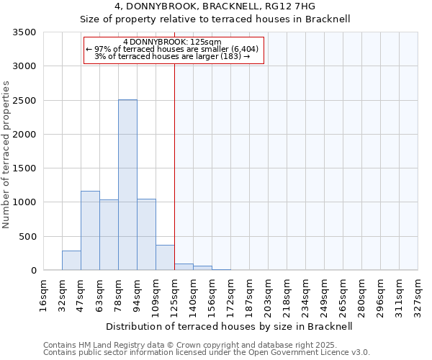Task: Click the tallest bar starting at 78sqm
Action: pos(127,185)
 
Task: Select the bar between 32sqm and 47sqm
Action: pos(71,261)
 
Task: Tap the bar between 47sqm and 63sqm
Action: pos(90,230)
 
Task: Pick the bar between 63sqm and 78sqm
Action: pos(109,235)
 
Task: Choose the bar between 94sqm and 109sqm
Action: pos(146,235)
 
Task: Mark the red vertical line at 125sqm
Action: pos(174,166)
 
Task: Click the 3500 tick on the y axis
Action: pos(24,32)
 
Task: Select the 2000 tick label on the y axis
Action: pos(24,135)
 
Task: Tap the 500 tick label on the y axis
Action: pos(27,237)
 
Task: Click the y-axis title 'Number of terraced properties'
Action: pos(6,154)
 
